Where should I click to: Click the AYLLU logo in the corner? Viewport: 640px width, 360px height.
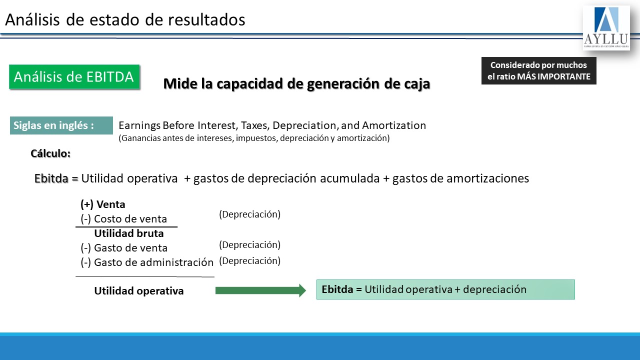[x=606, y=27]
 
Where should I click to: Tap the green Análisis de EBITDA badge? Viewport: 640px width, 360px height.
[x=74, y=77]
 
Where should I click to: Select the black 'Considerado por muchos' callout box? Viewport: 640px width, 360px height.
[x=539, y=71]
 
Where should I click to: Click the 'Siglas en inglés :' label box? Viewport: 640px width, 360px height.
[x=61, y=125]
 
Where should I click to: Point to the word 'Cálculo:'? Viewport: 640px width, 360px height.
[x=50, y=153]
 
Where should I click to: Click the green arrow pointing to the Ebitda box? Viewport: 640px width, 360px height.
[x=260, y=290]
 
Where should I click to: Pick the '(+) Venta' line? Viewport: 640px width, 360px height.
[x=103, y=204]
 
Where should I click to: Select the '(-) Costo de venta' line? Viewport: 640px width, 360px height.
[x=123, y=219]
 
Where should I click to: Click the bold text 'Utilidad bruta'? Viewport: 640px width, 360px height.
[x=129, y=233]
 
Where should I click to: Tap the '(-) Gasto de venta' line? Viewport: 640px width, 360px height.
[x=124, y=248]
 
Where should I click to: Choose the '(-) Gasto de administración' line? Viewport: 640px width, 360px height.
[x=147, y=262]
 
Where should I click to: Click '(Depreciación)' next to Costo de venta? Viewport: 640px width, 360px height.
[x=249, y=214]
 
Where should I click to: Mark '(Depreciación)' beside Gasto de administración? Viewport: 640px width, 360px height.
[x=249, y=261]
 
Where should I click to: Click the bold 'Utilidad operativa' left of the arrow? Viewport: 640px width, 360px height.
[x=139, y=291]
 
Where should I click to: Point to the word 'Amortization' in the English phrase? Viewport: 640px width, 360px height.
[x=394, y=125]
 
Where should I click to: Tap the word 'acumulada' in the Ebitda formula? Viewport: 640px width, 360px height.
[x=349, y=178]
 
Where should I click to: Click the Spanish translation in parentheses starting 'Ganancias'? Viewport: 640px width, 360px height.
[x=254, y=138]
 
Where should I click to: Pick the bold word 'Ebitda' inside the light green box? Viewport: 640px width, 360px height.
[x=337, y=289]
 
